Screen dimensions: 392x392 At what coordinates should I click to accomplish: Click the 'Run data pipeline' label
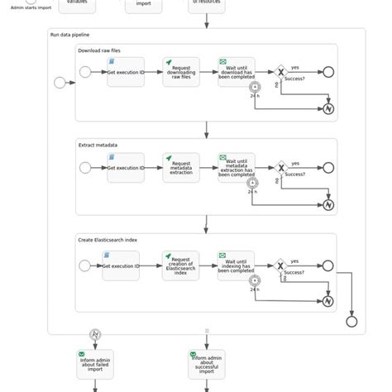click(69, 36)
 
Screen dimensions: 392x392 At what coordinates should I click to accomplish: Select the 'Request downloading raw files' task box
click(181, 73)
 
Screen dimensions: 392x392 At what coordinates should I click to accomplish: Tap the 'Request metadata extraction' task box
click(181, 168)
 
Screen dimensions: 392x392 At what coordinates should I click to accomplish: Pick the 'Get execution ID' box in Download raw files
click(126, 73)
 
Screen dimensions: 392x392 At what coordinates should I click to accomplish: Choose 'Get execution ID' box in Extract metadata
click(126, 168)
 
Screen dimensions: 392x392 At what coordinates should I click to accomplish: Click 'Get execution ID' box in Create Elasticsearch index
click(121, 265)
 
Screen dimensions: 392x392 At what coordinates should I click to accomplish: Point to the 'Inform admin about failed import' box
click(95, 365)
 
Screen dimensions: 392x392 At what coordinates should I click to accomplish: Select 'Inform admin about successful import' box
click(207, 365)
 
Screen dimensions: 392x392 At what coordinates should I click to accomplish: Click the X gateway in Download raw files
click(280, 72)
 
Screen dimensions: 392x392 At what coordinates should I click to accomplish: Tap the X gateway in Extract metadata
click(280, 167)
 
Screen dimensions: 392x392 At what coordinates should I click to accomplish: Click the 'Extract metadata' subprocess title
click(98, 145)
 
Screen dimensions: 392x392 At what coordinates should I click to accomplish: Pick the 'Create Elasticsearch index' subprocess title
click(108, 240)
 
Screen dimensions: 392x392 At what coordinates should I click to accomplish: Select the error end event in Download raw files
click(328, 108)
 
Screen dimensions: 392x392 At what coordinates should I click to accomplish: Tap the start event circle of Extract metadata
click(85, 168)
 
